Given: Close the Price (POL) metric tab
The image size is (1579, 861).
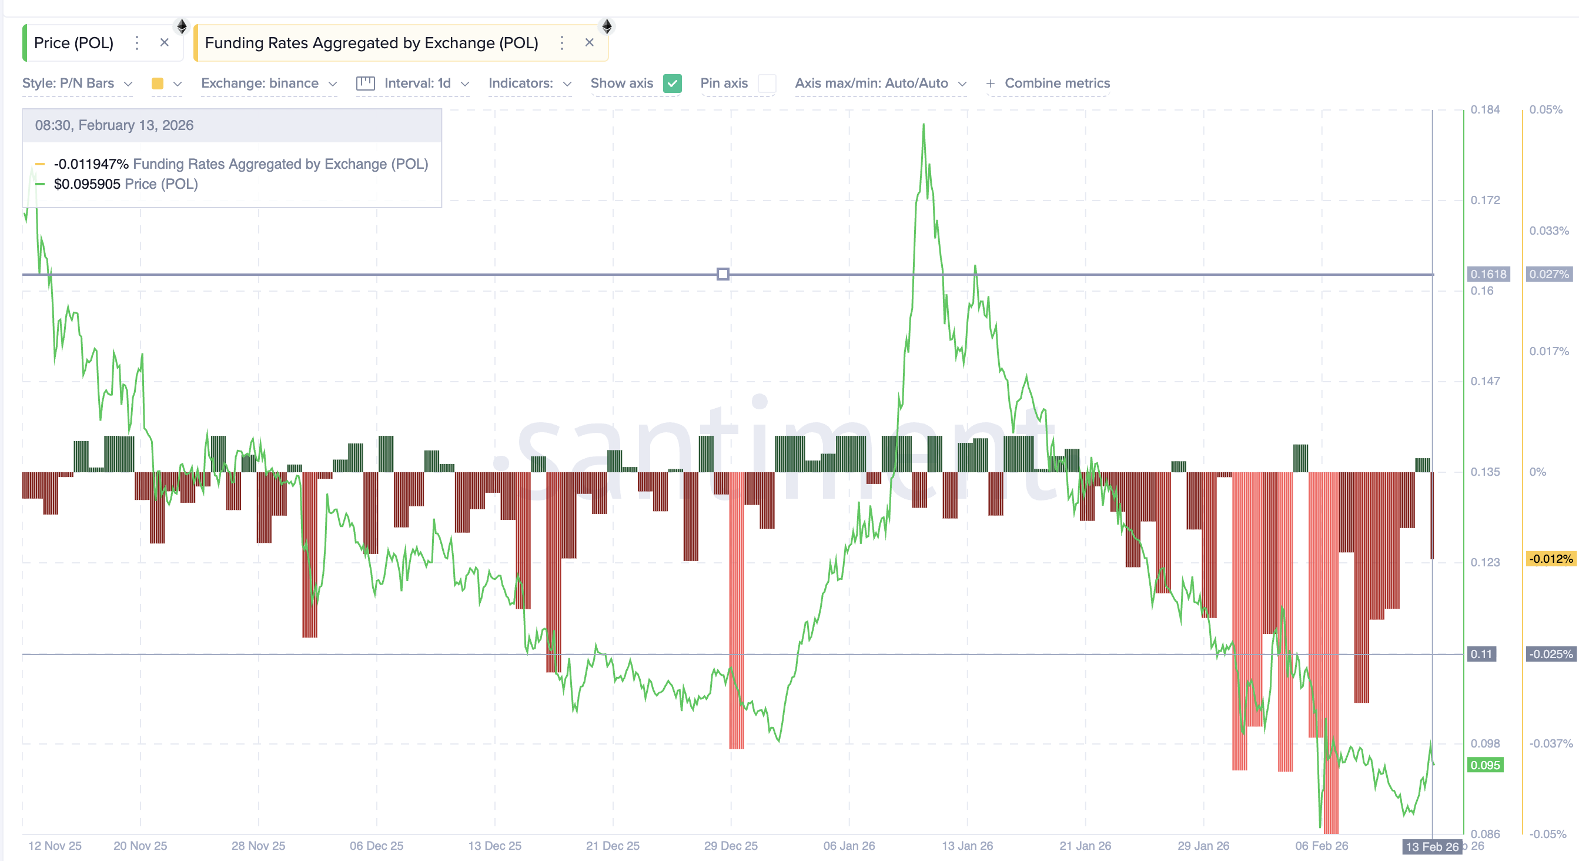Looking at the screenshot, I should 164,42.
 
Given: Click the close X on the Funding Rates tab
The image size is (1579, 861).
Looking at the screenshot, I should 589,42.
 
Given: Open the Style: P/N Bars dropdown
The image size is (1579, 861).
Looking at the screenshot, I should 77,84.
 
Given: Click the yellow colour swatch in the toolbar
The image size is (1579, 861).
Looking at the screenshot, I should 158,84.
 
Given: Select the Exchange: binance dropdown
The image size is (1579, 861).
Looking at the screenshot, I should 269,84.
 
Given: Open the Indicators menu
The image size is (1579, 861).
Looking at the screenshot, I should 529,84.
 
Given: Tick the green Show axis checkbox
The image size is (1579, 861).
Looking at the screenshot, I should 673,84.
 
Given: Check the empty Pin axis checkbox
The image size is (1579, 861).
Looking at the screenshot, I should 767,84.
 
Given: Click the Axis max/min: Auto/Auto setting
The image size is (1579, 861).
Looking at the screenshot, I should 879,84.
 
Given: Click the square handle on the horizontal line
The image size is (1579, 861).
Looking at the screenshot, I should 722,274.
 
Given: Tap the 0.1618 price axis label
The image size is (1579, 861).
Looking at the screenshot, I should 1488,274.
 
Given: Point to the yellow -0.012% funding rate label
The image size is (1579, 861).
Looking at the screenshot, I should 1550,559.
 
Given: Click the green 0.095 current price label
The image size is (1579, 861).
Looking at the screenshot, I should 1485,765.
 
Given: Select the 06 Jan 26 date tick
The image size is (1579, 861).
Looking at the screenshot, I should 849,846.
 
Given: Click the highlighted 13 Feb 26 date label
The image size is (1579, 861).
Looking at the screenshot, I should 1432,847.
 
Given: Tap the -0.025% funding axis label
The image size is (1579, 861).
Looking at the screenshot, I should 1550,654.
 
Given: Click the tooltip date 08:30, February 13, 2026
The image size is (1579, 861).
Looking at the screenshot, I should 114,126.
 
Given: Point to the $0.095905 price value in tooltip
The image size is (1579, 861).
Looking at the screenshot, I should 87,184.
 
